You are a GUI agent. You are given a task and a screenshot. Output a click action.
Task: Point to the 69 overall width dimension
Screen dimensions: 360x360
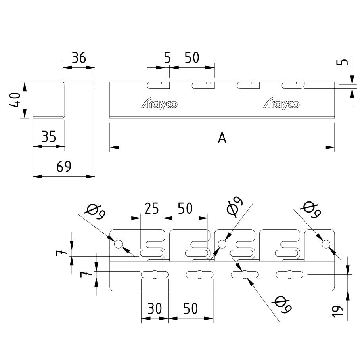click(63, 167)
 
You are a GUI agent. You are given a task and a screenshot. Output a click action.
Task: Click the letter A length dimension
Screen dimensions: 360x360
click(222, 138)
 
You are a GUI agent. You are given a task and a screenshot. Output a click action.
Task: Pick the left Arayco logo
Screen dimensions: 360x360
click(159, 104)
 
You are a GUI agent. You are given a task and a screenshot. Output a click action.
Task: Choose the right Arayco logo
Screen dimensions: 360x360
click(281, 104)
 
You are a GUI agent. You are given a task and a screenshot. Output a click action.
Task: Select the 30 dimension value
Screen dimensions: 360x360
click(154, 308)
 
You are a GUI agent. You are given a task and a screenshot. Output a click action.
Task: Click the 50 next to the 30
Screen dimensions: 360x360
click(191, 308)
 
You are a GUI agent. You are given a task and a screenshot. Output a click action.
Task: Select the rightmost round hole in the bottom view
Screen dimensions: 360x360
click(326, 244)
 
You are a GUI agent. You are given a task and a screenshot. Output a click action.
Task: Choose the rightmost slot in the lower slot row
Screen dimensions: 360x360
click(289, 274)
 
